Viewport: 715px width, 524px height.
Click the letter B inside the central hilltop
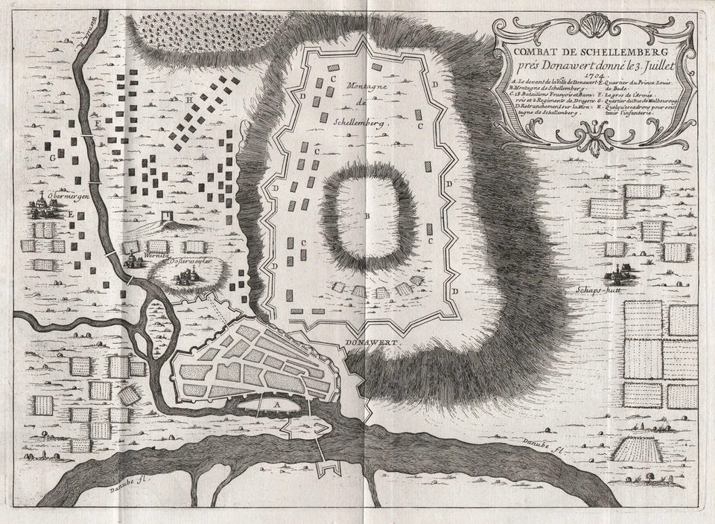point(367,217)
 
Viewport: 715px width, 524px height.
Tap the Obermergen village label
point(48,196)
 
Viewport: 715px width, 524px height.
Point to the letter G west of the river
point(53,158)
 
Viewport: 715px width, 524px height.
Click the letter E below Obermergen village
point(71,214)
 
